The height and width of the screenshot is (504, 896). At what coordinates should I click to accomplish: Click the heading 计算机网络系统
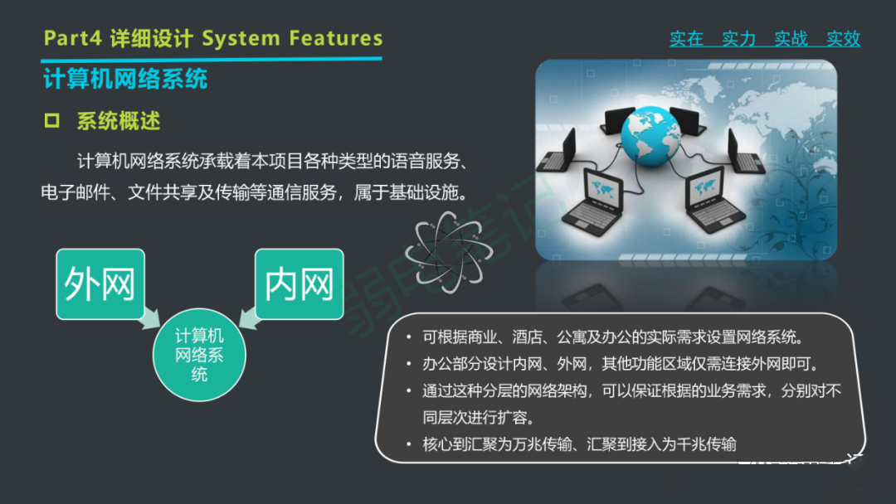pos(125,80)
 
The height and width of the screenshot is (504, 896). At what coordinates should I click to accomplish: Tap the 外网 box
pos(100,284)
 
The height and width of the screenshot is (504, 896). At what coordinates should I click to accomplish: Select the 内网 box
pos(299,284)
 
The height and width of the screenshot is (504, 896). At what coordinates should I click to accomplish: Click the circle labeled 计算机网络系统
pos(199,355)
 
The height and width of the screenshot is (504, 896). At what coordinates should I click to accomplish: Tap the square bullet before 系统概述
pos(52,121)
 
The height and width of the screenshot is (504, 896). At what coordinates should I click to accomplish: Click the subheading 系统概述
pos(119,121)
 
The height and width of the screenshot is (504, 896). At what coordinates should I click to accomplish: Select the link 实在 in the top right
pos(686,39)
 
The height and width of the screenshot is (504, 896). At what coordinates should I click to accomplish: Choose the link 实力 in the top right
pos(738,39)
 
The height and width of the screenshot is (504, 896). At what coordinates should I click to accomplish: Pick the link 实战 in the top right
pos(791,39)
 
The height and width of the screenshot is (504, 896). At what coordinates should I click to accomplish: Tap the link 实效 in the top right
pos(843,39)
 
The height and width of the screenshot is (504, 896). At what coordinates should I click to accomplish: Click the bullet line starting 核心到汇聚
pos(579,444)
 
